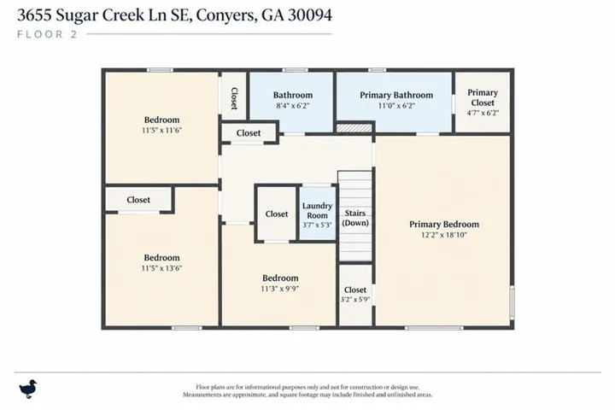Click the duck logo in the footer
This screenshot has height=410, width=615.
(x=28, y=389)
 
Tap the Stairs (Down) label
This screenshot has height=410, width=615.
(x=355, y=218)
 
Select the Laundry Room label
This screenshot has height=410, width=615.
(x=317, y=211)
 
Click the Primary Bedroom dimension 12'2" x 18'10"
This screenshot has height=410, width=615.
(x=444, y=235)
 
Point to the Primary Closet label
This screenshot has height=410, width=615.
(x=483, y=97)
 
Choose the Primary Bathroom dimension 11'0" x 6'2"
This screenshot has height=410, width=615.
(x=396, y=106)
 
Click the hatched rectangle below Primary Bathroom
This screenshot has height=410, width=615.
(x=354, y=128)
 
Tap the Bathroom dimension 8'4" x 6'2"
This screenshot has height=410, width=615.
(x=293, y=106)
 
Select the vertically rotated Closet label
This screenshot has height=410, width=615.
(x=234, y=98)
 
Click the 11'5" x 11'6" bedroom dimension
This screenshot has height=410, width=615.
(x=162, y=130)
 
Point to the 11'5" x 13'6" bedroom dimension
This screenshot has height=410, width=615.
(x=162, y=268)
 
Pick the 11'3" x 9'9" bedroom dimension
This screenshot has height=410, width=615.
(x=280, y=289)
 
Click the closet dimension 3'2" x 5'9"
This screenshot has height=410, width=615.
(x=355, y=300)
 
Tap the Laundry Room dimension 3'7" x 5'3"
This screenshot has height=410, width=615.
(x=317, y=225)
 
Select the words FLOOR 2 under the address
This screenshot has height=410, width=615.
(x=47, y=34)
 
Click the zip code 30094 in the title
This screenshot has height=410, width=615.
(x=310, y=15)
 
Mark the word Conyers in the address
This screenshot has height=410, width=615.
(x=225, y=15)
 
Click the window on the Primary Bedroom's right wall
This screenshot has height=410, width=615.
(x=512, y=302)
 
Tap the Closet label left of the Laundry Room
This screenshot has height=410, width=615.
(x=277, y=214)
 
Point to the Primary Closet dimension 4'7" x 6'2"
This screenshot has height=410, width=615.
(x=483, y=113)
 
